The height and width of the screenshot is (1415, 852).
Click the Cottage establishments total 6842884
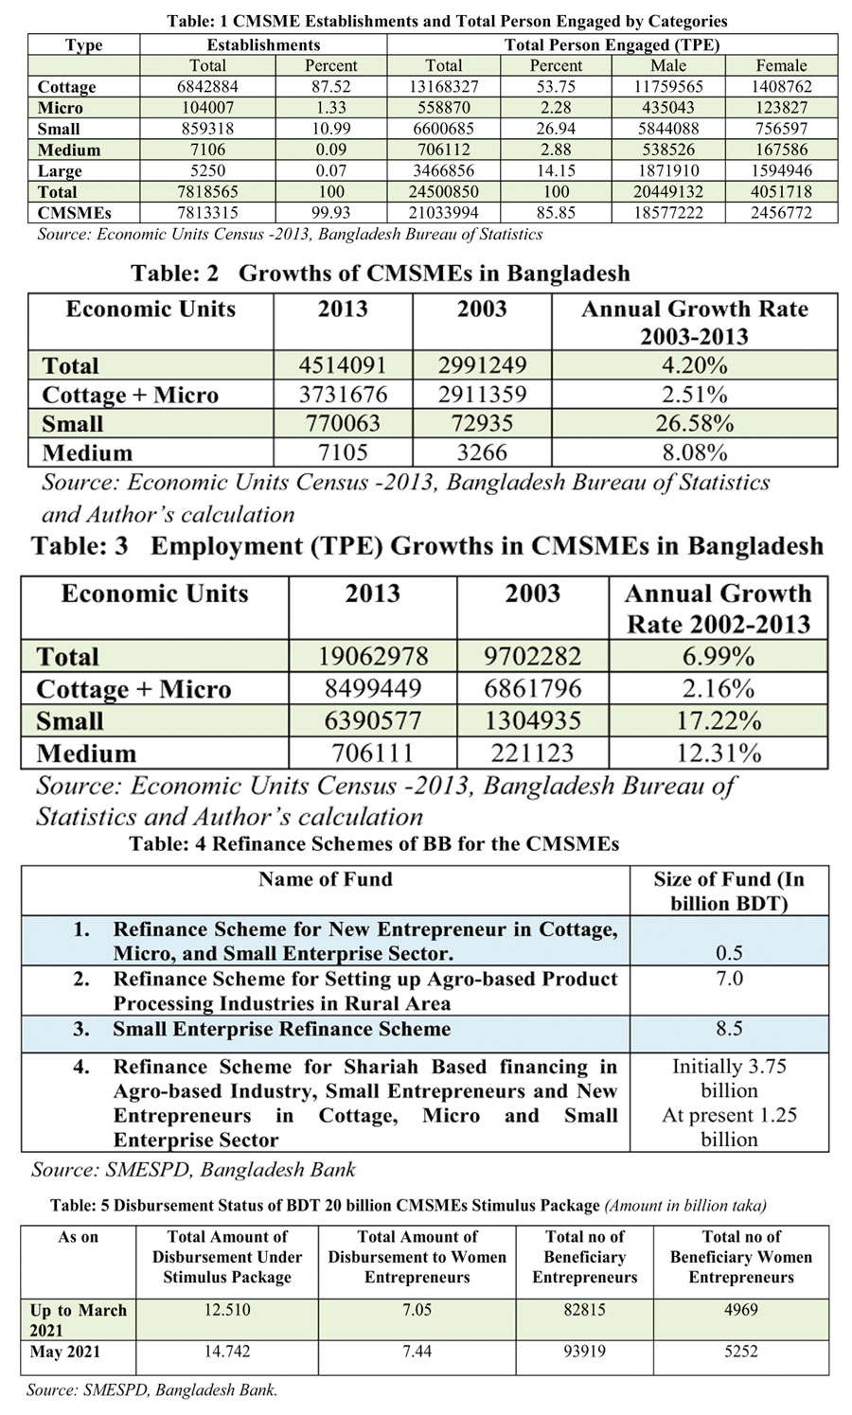pyautogui.click(x=207, y=86)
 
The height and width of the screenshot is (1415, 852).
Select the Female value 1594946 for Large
pyautogui.click(x=781, y=170)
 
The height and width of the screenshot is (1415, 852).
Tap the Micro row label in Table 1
pyautogui.click(x=62, y=108)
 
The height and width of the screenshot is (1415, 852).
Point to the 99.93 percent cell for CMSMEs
pyautogui.click(x=330, y=213)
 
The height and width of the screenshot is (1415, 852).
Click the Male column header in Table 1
pyautogui.click(x=668, y=65)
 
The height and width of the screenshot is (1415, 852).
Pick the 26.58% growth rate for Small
pyautogui.click(x=694, y=423)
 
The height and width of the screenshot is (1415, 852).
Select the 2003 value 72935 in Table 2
pyautogui.click(x=482, y=423)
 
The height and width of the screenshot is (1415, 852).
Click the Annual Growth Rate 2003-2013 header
pyautogui.click(x=694, y=322)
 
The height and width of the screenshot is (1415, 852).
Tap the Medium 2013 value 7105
pyautogui.click(x=343, y=452)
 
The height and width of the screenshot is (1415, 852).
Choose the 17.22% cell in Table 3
pyautogui.click(x=719, y=721)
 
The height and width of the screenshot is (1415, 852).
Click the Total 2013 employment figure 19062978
pyautogui.click(x=372, y=656)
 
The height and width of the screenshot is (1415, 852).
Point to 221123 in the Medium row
pyautogui.click(x=533, y=753)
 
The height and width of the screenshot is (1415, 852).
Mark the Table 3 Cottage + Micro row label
pyautogui.click(x=133, y=689)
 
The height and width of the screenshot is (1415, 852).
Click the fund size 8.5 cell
pyautogui.click(x=729, y=1029)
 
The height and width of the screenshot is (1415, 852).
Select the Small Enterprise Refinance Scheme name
pyautogui.click(x=281, y=1029)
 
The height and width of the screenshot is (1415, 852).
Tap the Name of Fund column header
pyautogui.click(x=325, y=879)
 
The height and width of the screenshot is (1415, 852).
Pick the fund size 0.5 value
pyautogui.click(x=729, y=953)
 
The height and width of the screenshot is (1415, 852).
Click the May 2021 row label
pyautogui.click(x=65, y=1352)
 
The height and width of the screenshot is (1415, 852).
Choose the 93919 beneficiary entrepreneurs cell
pyautogui.click(x=584, y=1352)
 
